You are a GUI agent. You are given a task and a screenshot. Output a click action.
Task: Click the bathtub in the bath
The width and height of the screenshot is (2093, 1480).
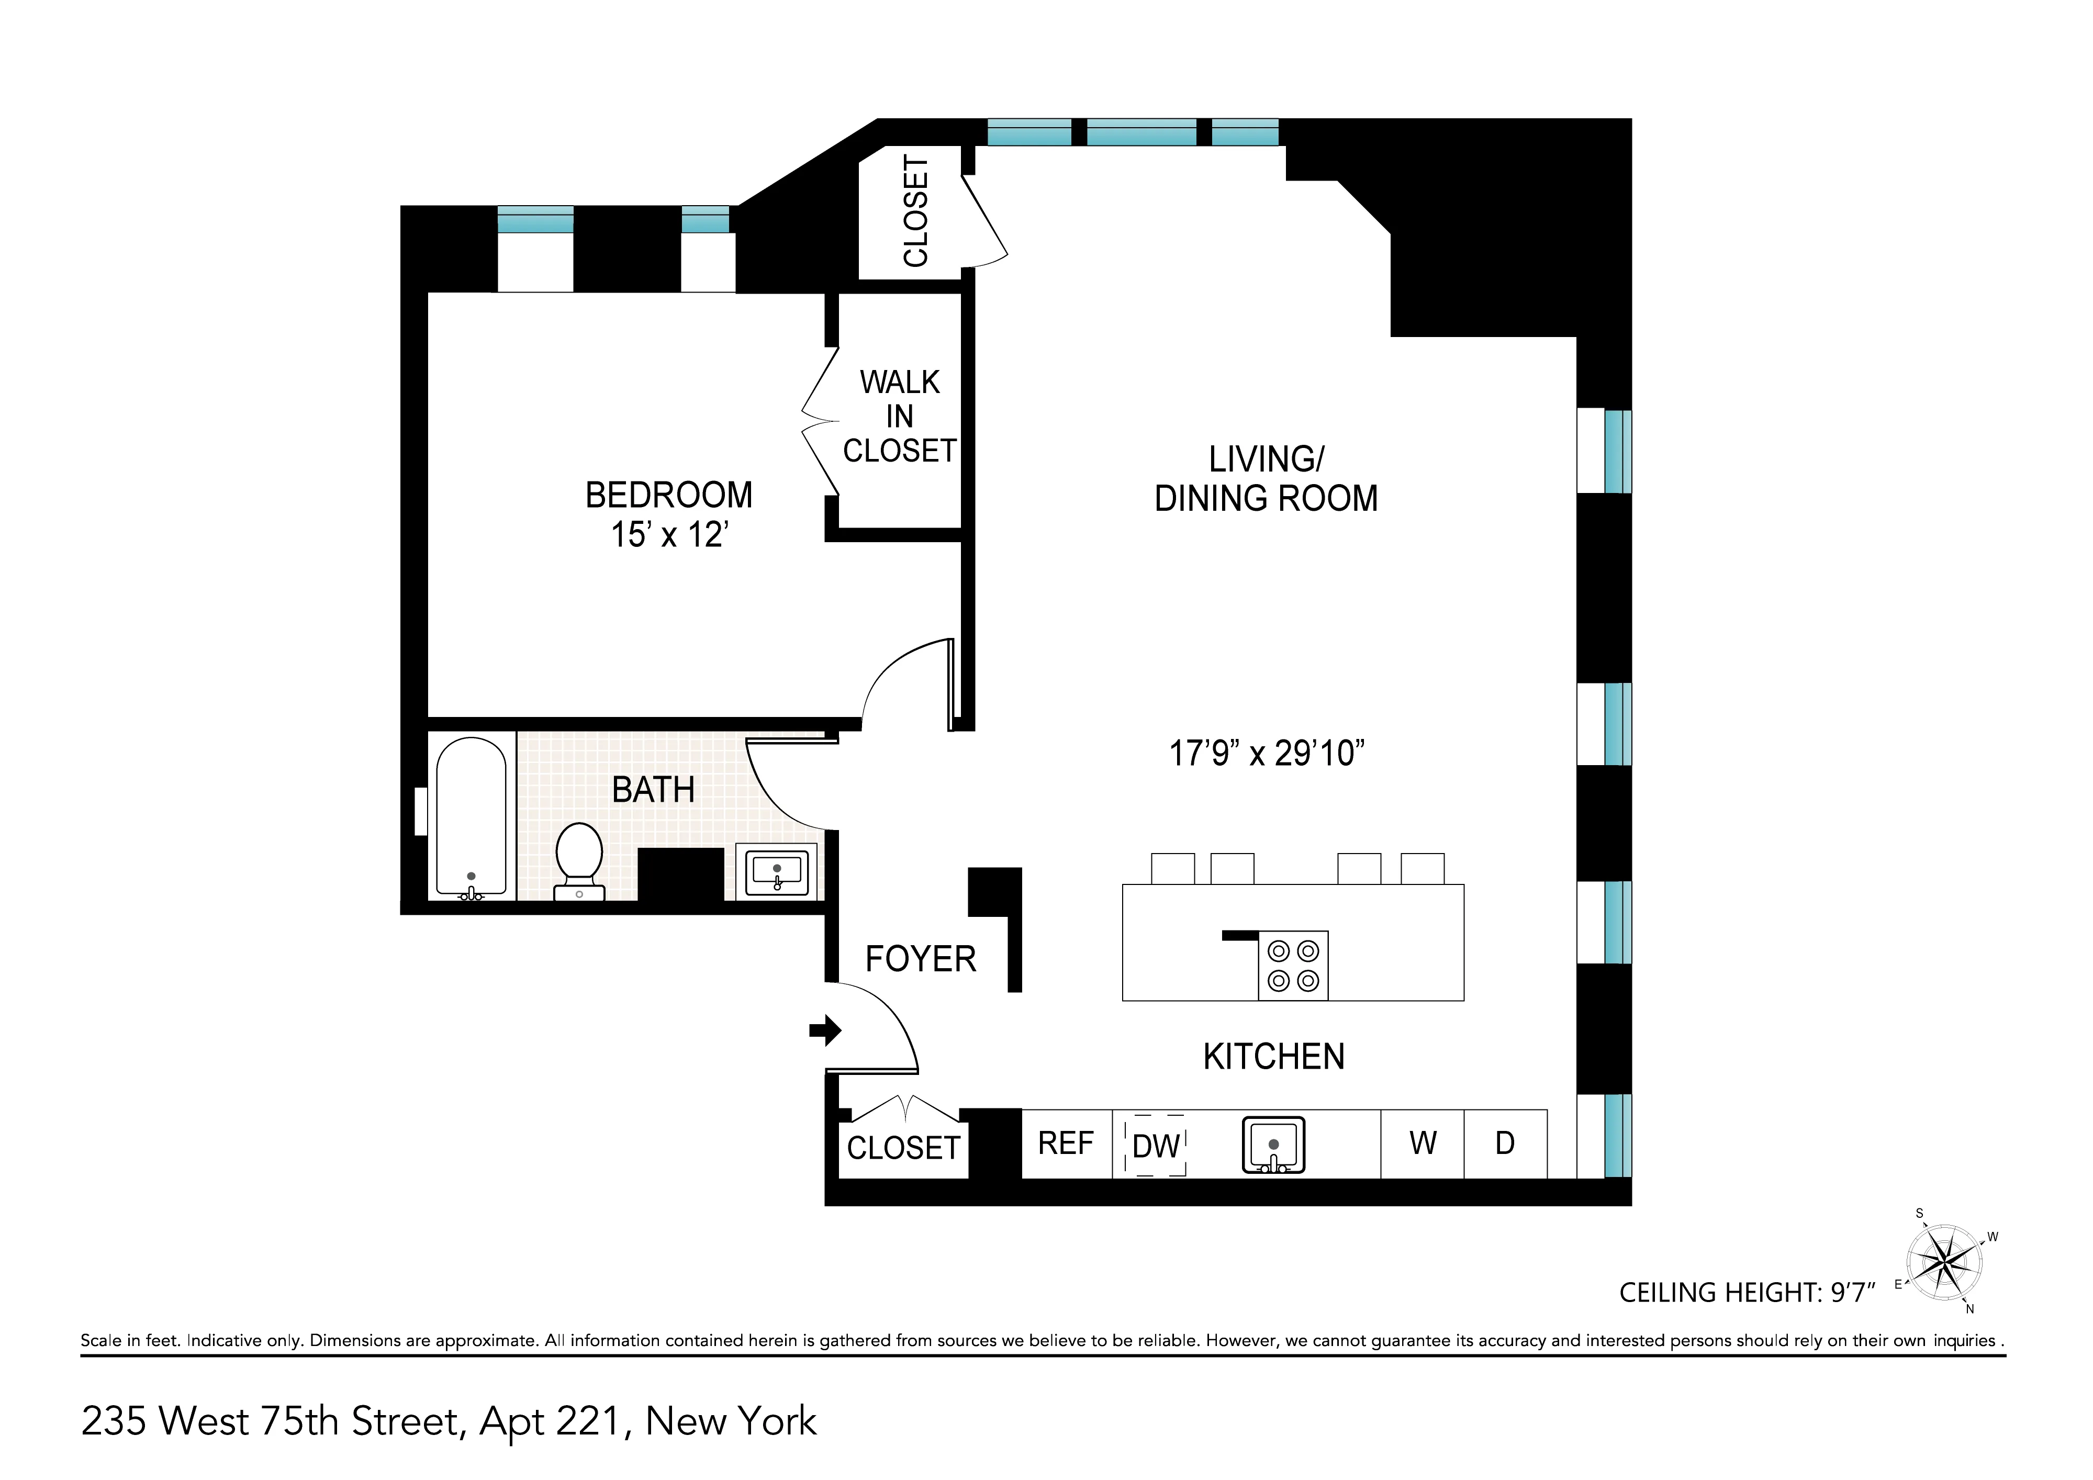[x=471, y=817]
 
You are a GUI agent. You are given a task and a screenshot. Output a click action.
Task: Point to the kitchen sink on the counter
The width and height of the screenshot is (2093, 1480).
[x=1273, y=1145]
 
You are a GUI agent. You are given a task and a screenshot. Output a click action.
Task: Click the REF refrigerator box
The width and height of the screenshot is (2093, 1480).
[x=1066, y=1143]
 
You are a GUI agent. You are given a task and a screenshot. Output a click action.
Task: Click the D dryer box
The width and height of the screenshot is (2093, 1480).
[x=1505, y=1143]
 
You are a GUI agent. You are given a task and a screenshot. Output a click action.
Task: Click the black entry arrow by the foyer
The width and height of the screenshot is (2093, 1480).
[x=825, y=1031]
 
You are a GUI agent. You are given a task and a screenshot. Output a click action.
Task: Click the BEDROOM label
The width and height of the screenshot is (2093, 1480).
[x=668, y=496]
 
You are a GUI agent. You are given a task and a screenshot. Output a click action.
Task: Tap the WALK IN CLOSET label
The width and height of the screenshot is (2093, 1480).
[x=900, y=417]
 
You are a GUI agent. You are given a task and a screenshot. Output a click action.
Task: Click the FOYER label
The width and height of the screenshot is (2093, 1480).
[x=921, y=960]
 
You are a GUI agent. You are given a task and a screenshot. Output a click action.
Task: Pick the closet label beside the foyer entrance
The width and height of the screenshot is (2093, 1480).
[x=903, y=1148]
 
